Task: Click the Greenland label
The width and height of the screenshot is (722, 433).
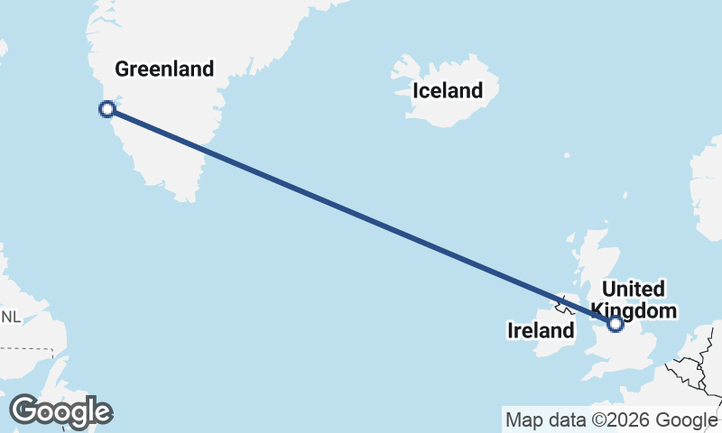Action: click(164, 69)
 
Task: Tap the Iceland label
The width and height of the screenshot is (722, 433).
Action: click(448, 90)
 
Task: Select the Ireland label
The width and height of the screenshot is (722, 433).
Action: click(541, 331)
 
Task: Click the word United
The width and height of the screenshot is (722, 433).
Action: click(633, 290)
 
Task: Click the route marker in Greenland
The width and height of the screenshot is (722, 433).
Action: click(106, 109)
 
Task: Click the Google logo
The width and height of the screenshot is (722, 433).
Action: click(60, 411)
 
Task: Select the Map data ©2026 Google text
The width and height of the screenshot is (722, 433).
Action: click(611, 419)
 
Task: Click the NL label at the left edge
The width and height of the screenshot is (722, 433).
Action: click(11, 317)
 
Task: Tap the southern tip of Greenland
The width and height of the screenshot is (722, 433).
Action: click(187, 195)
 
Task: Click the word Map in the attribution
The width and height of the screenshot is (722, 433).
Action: click(522, 419)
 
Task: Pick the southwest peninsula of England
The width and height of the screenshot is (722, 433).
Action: click(596, 370)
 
